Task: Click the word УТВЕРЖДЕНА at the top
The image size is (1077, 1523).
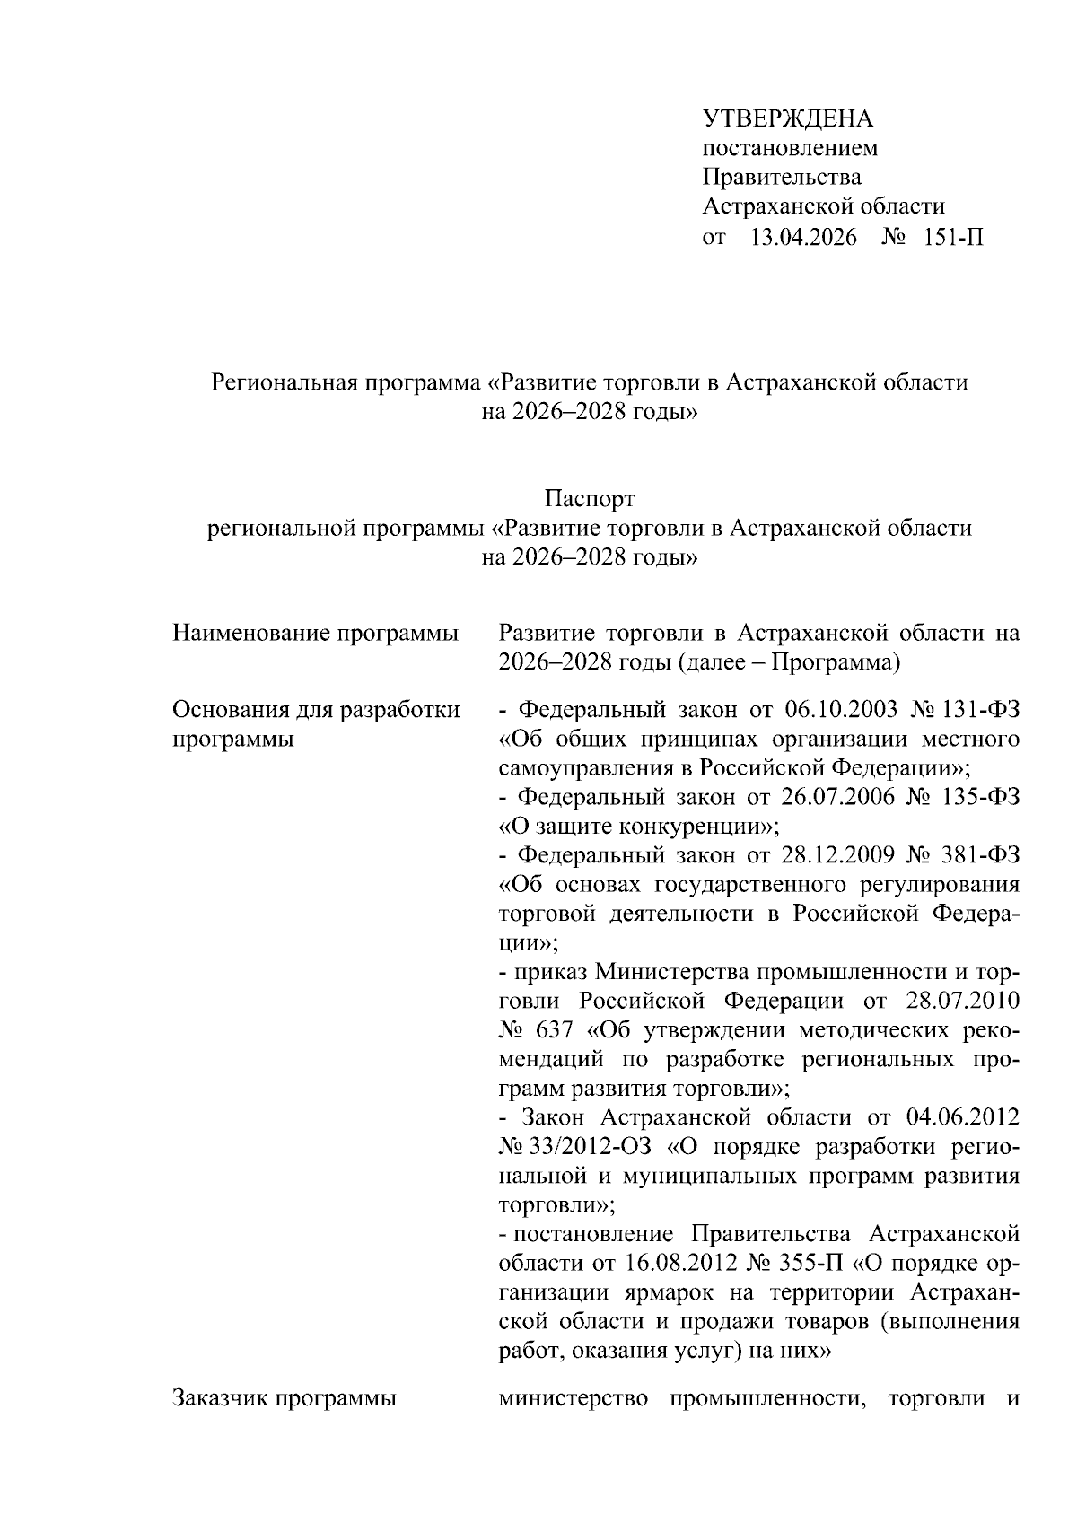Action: click(x=787, y=119)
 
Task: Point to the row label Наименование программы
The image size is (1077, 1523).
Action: click(x=315, y=634)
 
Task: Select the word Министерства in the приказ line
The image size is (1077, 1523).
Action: click(x=670, y=972)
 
